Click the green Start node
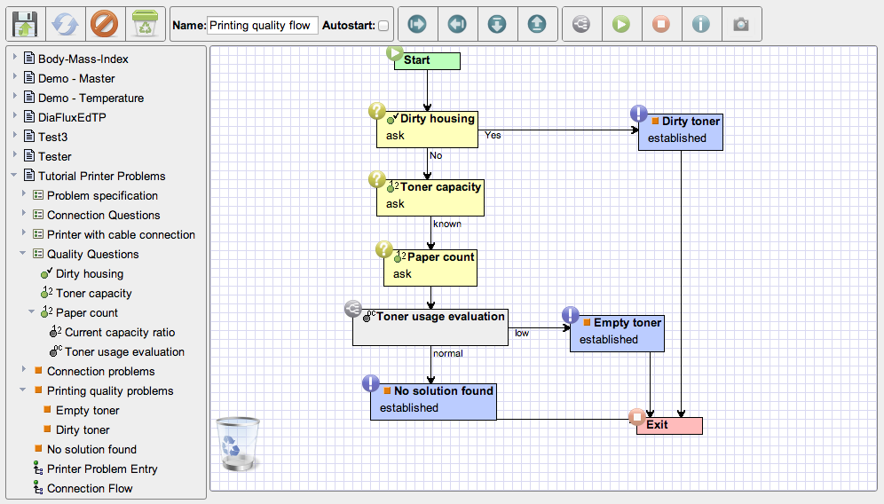[427, 61]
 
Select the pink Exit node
[669, 426]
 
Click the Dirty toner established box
[681, 131]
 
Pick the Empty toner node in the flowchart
[617, 333]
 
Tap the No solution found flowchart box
[433, 401]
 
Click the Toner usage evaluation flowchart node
[430, 327]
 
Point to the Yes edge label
[493, 135]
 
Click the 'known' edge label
[447, 224]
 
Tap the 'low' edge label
[522, 333]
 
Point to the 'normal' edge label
[447, 353]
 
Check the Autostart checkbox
[383, 26]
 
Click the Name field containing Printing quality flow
[262, 26]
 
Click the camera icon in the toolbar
[741, 24]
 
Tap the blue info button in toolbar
[701, 24]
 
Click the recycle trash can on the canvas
[238, 444]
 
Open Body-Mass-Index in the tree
[83, 59]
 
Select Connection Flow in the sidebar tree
[90, 488]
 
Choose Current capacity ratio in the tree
[120, 332]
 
